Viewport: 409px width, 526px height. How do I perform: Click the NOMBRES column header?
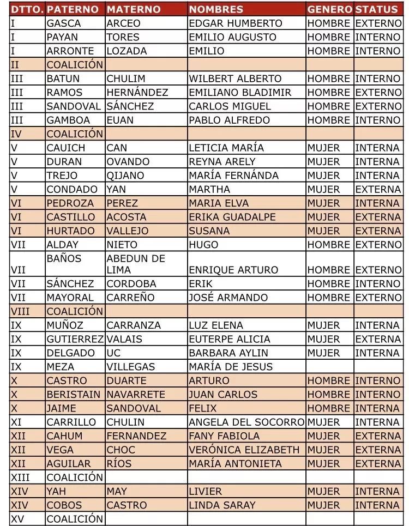click(x=216, y=9)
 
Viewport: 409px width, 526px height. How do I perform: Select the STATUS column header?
click(x=376, y=9)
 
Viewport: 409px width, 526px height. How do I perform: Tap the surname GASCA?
click(x=64, y=23)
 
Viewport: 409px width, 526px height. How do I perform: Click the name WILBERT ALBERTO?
click(x=235, y=78)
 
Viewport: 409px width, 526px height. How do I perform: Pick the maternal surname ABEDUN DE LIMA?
click(x=136, y=264)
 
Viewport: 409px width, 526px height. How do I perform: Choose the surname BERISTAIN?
click(x=74, y=394)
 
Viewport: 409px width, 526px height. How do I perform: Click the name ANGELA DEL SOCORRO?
click(x=246, y=422)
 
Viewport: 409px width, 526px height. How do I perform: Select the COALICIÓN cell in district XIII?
click(x=75, y=477)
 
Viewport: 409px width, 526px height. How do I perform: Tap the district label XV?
click(x=17, y=518)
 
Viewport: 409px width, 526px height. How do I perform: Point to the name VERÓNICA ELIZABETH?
click(x=244, y=450)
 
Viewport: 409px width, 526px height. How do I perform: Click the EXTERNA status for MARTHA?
click(x=377, y=190)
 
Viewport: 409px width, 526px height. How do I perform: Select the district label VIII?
click(x=20, y=311)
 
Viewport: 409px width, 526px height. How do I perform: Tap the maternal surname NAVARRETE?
click(x=136, y=394)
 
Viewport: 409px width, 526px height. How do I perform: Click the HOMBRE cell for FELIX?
click(x=328, y=408)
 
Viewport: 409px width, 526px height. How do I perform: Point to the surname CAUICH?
click(x=66, y=148)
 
